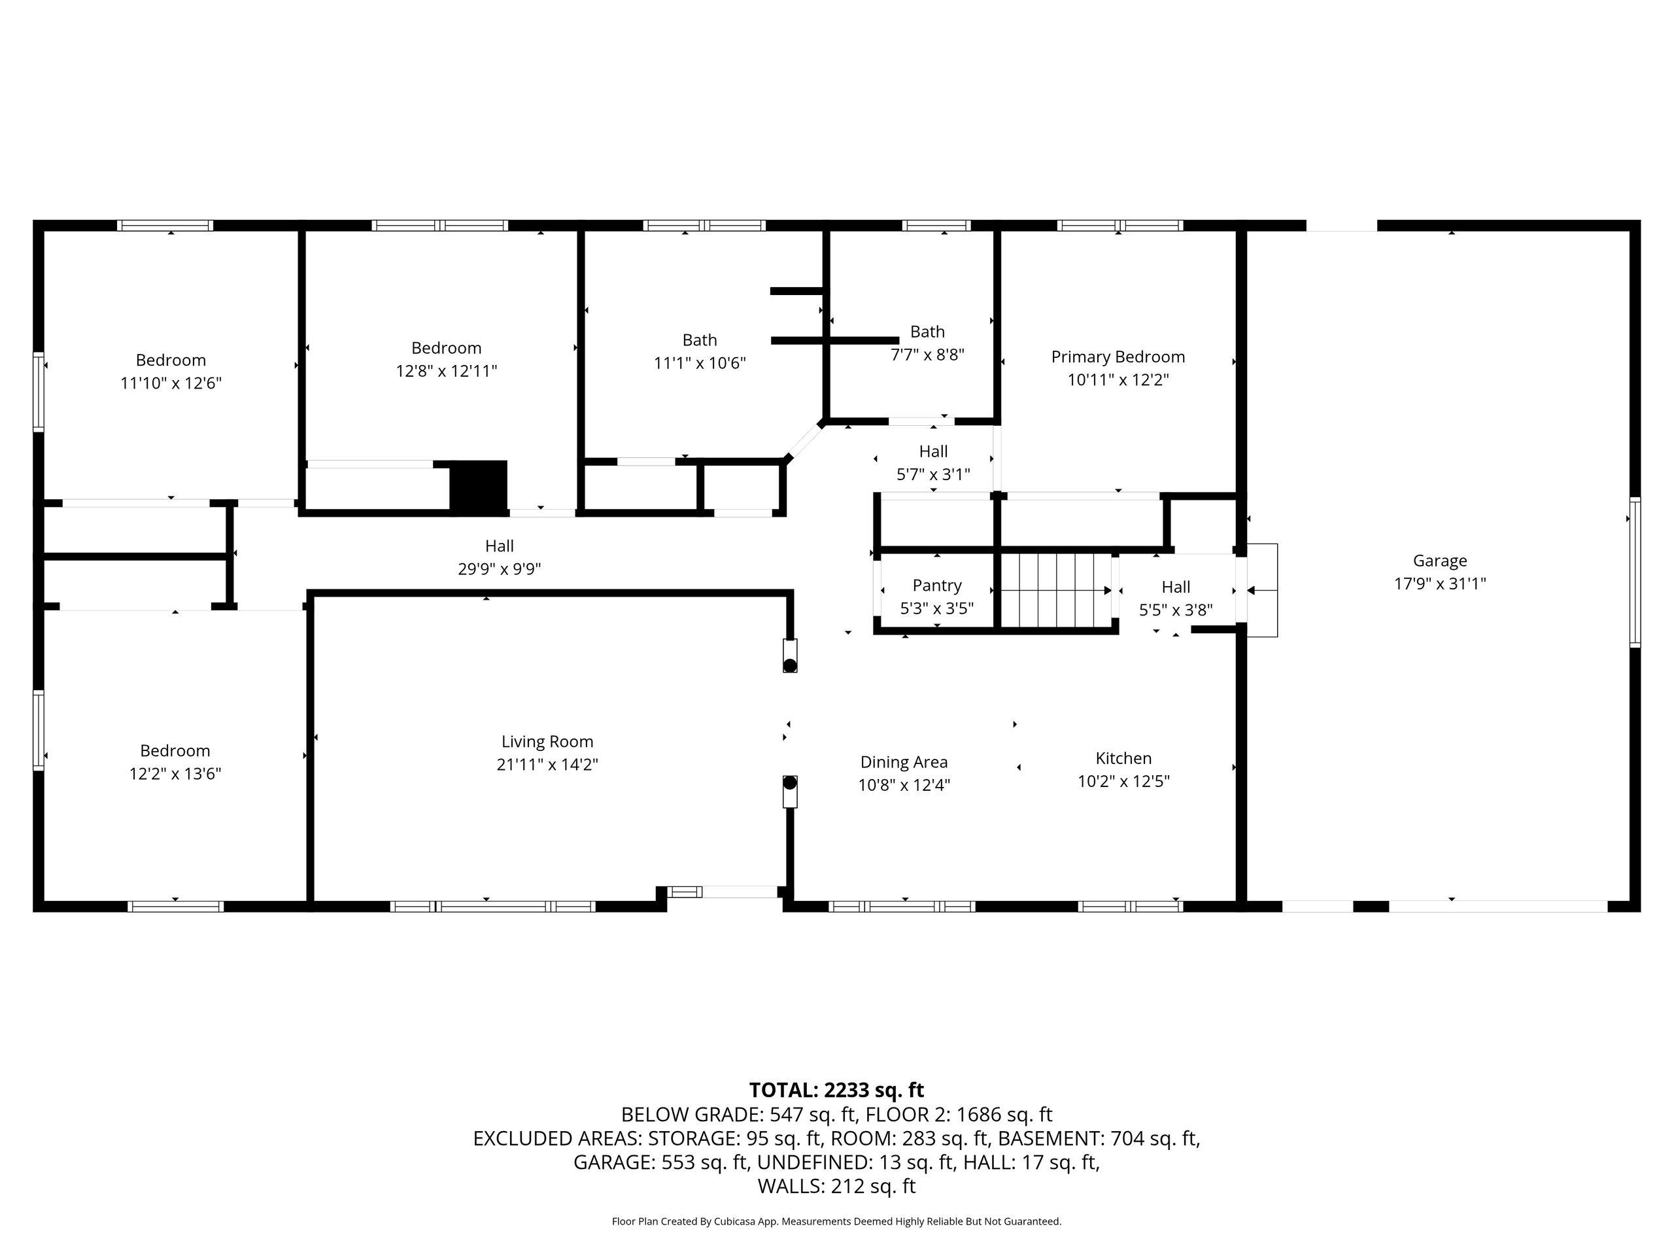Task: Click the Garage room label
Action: [x=1439, y=561]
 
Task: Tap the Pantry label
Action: [x=937, y=585]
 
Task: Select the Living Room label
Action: [x=547, y=742]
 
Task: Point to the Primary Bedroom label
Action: [x=1118, y=357]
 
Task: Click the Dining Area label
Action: [x=904, y=762]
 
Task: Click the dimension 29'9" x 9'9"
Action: [x=500, y=569]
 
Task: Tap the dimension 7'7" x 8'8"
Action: [x=927, y=355]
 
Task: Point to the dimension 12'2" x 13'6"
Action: [x=175, y=774]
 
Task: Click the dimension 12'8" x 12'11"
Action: [x=447, y=371]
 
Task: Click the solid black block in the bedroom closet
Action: [x=478, y=486]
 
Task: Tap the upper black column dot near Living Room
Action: [x=790, y=665]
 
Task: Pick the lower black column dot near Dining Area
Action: [x=790, y=783]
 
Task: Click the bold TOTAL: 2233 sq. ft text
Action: [x=836, y=1090]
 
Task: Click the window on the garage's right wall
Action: [x=1635, y=572]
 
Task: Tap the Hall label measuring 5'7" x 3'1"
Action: [x=933, y=452]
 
